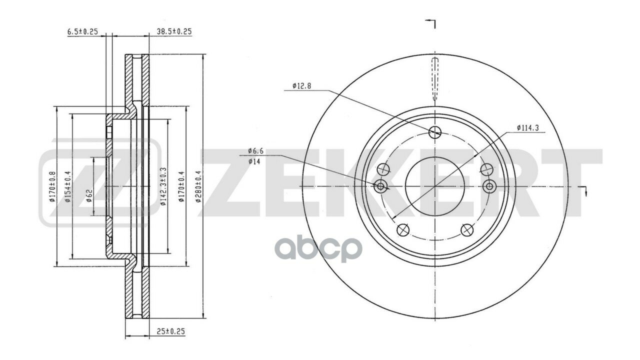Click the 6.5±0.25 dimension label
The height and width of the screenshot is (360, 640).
click(x=82, y=31)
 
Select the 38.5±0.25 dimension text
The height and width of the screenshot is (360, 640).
click(x=174, y=31)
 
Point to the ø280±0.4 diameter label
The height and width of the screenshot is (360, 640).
click(x=199, y=186)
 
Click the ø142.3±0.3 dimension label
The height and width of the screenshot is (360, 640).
click(x=163, y=186)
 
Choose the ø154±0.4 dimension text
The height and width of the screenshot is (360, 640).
click(x=67, y=186)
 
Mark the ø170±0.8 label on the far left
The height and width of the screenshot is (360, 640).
click(x=52, y=186)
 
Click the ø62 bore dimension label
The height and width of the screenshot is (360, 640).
click(x=89, y=195)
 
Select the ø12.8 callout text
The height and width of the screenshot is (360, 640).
click(x=301, y=85)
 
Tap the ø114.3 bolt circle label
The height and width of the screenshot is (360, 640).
click(x=527, y=128)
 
